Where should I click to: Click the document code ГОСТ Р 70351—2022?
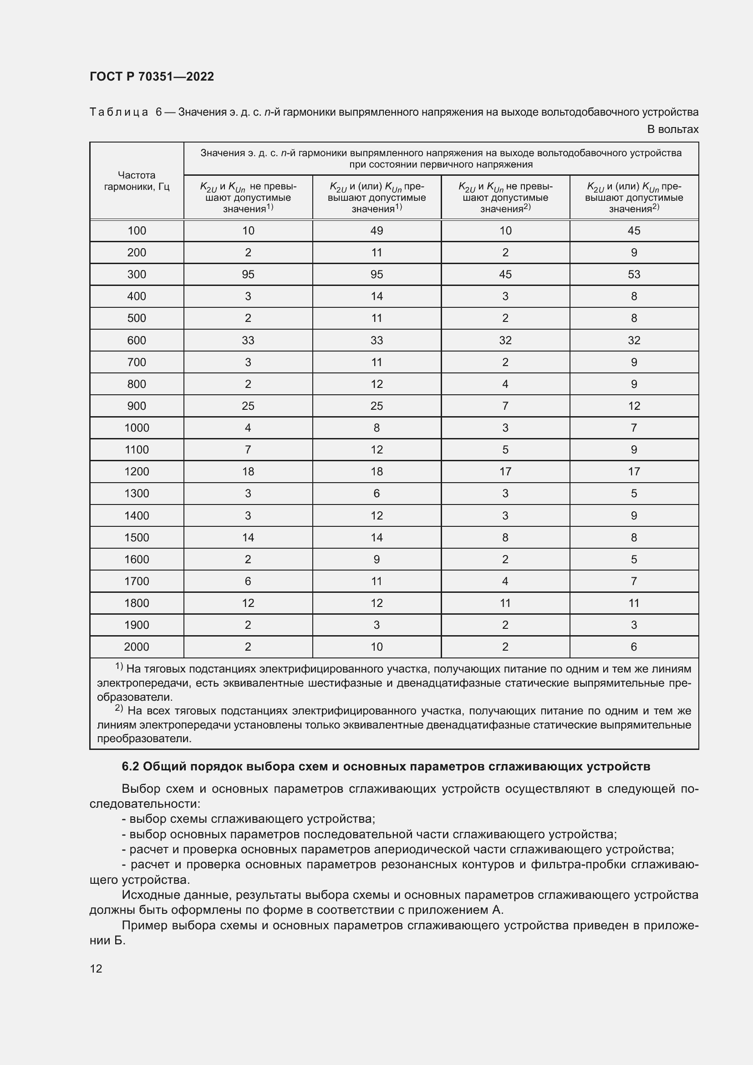click(x=152, y=76)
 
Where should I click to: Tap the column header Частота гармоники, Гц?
click(x=136, y=181)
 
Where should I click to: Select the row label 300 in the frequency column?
click(x=136, y=274)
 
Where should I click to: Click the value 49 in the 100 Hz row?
click(x=376, y=230)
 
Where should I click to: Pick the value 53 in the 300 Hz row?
click(x=633, y=274)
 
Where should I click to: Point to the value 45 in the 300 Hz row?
click(x=505, y=274)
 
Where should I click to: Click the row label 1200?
click(x=136, y=471)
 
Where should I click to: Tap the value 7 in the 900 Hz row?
click(x=505, y=406)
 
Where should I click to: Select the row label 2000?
click(x=136, y=647)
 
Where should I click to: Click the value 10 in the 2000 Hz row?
click(x=376, y=647)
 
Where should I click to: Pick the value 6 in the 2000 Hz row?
click(x=633, y=647)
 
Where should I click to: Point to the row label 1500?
click(x=136, y=537)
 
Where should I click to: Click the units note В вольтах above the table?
click(x=672, y=129)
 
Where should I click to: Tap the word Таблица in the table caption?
click(x=119, y=112)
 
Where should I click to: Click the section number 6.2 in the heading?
click(x=130, y=767)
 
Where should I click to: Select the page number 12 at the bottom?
click(x=96, y=968)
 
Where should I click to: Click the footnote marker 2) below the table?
click(x=119, y=708)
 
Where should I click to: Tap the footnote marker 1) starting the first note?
click(x=119, y=667)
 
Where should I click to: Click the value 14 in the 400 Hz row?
click(x=376, y=296)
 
